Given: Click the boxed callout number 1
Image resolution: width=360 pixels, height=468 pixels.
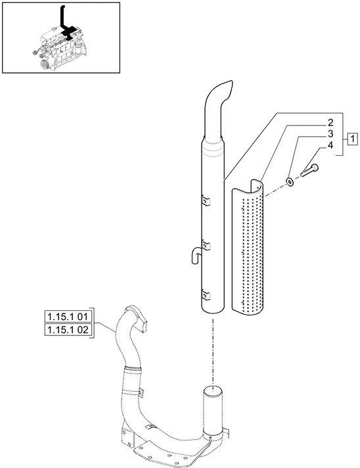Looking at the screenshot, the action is (353, 139).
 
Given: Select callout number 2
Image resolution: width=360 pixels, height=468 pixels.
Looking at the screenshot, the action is (330, 123).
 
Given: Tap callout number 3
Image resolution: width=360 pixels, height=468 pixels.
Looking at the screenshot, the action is (330, 134).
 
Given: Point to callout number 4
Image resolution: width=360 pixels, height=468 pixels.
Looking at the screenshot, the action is (330, 145).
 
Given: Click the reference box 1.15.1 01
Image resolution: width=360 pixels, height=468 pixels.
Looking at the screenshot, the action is (68, 317).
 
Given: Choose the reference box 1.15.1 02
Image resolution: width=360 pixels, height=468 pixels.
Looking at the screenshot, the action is (68, 330).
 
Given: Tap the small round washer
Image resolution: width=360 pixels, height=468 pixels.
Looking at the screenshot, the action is (289, 181).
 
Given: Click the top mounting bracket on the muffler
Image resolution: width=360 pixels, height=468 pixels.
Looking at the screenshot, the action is (206, 201).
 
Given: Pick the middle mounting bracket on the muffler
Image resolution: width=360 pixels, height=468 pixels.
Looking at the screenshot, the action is (206, 245).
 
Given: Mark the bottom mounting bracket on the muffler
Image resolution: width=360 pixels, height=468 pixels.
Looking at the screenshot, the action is (206, 294).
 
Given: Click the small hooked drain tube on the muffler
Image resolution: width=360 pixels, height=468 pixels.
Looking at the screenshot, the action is (195, 254).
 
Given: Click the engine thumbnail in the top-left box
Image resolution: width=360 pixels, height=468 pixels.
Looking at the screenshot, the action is (61, 49).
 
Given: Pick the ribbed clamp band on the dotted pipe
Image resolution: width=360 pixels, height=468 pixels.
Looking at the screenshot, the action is (131, 369).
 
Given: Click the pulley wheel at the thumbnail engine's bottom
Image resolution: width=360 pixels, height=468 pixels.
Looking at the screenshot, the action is (45, 64).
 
